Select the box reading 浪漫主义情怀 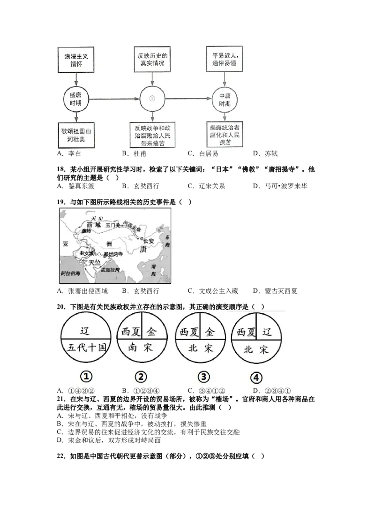point(76,60)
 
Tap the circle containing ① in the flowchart point(151,99)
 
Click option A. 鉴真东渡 point(75,186)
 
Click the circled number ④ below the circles point(256,378)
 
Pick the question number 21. point(60,399)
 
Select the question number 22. point(60,456)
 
